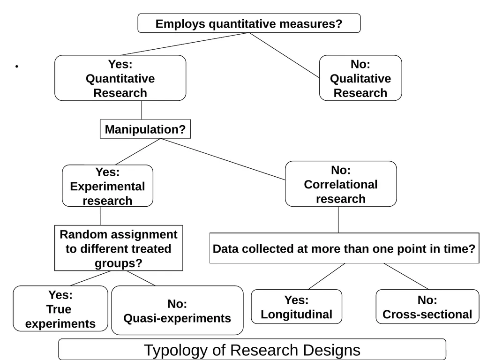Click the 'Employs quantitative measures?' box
[x=249, y=23]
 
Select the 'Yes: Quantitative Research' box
[x=120, y=78]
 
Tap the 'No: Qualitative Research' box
[x=360, y=78]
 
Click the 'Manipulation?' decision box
[x=145, y=129]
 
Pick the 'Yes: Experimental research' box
[x=107, y=186]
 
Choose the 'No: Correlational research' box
[x=341, y=184]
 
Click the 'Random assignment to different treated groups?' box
[x=119, y=248]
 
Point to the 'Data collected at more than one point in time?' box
[x=344, y=248]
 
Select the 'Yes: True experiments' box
[x=60, y=308]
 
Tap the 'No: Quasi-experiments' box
[x=177, y=310]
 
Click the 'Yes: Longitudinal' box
[x=296, y=307]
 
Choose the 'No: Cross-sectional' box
[x=427, y=307]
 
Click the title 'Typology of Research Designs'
[x=252, y=349]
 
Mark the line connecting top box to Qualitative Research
[x=284, y=55]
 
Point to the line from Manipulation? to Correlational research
[x=223, y=159]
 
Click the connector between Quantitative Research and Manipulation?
[x=142, y=110]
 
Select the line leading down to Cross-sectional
[x=406, y=276]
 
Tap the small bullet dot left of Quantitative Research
[x=17, y=66]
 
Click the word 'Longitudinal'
[x=296, y=315]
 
